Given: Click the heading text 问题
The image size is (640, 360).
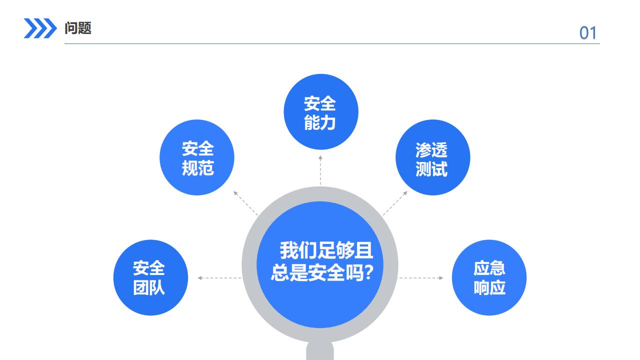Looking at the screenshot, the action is [x=78, y=28].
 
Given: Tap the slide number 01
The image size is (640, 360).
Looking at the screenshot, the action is [x=588, y=33].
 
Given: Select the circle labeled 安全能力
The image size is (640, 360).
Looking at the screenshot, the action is [x=320, y=112].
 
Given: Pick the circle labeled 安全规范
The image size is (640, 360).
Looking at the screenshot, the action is [x=197, y=157].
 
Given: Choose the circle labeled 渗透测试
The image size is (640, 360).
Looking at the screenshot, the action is [x=432, y=157].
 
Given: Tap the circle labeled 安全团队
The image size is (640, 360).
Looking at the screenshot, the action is [x=150, y=277].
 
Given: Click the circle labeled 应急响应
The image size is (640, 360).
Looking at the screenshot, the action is [x=489, y=277].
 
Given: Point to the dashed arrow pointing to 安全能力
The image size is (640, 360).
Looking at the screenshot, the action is [x=320, y=170].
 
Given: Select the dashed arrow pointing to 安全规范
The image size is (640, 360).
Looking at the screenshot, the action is [x=245, y=202].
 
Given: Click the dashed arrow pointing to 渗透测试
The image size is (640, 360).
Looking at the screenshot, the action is [x=395, y=202].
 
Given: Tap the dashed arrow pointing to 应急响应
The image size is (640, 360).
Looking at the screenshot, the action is [x=420, y=278].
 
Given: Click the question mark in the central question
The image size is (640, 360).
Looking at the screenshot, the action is [x=369, y=273].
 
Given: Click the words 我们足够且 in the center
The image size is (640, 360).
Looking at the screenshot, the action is [x=326, y=250].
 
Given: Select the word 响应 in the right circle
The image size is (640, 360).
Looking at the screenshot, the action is [x=489, y=287].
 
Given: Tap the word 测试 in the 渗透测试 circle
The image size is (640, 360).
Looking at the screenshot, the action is [x=431, y=169].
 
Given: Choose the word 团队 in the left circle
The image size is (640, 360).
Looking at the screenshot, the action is [x=149, y=288].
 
